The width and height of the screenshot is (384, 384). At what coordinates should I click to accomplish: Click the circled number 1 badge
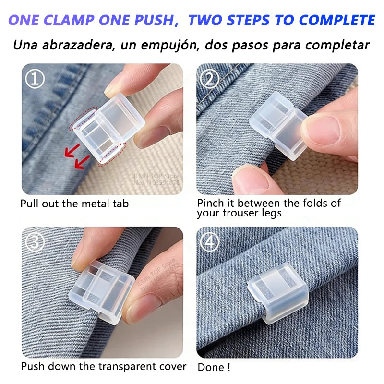tap(35, 78)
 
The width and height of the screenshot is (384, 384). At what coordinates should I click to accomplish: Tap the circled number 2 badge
tap(209, 78)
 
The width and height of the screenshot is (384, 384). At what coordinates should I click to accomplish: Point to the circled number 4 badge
tap(209, 242)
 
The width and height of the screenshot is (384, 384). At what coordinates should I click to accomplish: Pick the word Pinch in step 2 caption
tap(211, 203)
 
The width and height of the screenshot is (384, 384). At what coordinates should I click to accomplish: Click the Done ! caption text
tap(214, 368)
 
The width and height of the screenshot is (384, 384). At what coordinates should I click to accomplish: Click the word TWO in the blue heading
tap(205, 20)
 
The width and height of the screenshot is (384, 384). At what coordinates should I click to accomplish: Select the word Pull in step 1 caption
tap(29, 204)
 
